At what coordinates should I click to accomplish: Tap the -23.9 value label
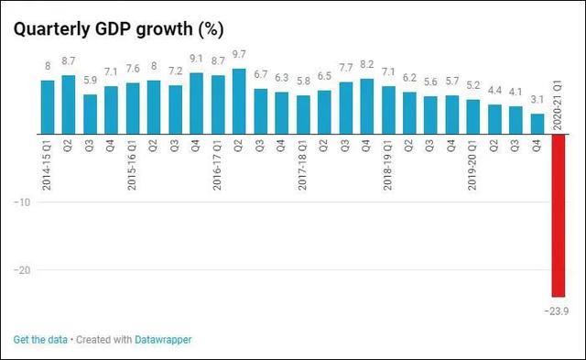[558, 311]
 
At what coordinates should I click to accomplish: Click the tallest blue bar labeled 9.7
[239, 102]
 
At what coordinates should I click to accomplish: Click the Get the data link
[39, 340]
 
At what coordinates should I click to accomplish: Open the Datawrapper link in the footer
[164, 340]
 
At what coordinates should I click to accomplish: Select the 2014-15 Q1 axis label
[48, 165]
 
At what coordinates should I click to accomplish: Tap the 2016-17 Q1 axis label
[218, 165]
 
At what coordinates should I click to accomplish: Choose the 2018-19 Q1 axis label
[388, 165]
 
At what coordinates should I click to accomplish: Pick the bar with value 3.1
[537, 124]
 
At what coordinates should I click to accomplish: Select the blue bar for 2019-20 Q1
[472, 116]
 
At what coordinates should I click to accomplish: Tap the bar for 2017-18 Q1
[303, 115]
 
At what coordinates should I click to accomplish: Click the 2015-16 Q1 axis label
[133, 165]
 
